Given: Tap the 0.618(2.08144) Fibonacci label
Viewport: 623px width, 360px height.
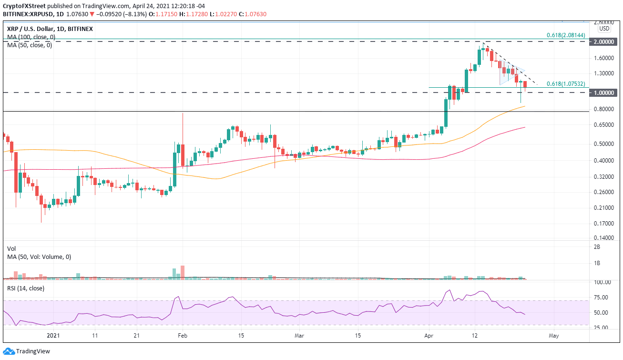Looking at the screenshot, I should (566, 35).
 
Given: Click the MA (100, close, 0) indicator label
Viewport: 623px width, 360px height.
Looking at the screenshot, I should (31, 37).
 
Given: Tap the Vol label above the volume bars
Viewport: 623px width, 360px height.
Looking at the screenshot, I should (11, 249).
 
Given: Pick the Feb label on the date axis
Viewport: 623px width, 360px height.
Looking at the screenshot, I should (182, 335).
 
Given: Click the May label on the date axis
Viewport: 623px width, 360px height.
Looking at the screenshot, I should (553, 335).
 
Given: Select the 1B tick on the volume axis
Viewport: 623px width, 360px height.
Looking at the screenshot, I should (597, 263).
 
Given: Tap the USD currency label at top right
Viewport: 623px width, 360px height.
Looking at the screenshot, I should (605, 28).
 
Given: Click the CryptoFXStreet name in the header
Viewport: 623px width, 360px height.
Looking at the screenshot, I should (23, 6).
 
